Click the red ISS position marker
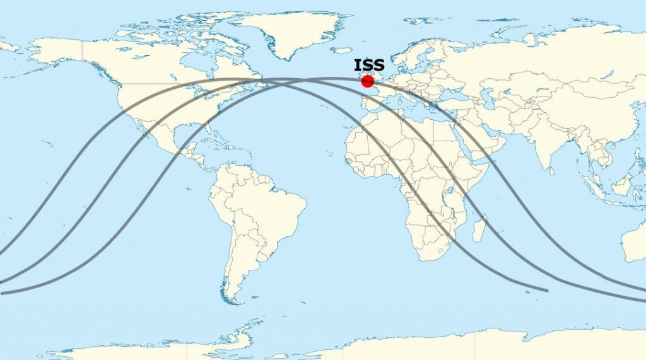tap(367, 81)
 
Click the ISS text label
tap(369, 65)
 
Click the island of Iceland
tap(341, 50)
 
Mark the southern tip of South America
tap(233, 301)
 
